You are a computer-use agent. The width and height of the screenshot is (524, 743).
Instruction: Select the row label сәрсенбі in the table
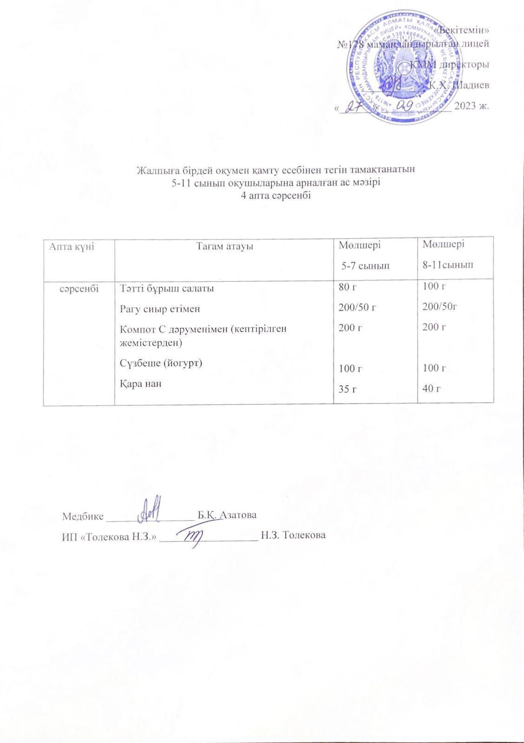(79, 288)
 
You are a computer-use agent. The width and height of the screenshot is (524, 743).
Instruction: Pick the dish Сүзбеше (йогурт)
(161, 363)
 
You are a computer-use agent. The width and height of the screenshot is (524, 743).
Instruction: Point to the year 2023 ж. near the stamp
(472, 105)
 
